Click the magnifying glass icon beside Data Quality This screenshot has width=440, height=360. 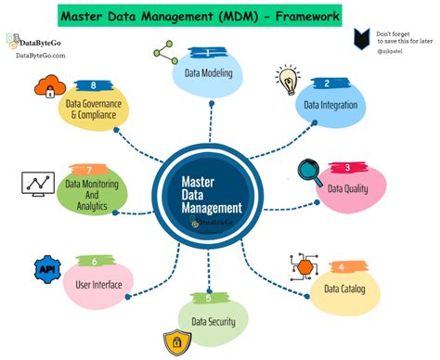[x=310, y=173]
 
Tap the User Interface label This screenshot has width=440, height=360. [x=93, y=284]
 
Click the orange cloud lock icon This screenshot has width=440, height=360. [x=45, y=90]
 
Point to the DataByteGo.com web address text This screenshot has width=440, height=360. [x=41, y=56]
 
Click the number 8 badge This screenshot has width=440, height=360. [x=94, y=85]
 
